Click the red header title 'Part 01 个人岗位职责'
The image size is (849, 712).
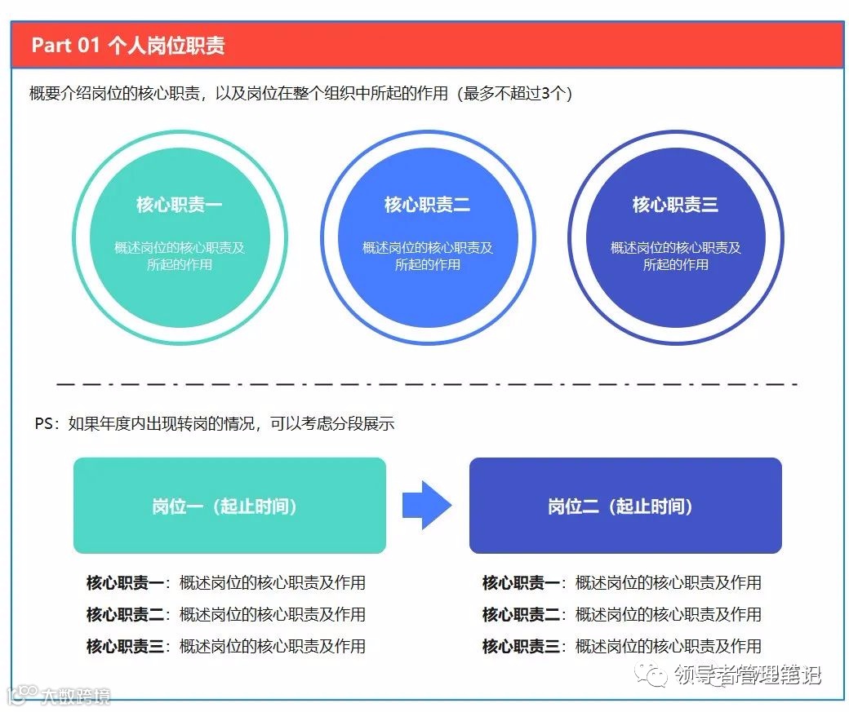click(128, 45)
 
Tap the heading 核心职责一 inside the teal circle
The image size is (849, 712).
click(179, 204)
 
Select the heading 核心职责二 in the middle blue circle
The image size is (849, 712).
click(427, 204)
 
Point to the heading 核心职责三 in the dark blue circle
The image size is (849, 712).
click(675, 204)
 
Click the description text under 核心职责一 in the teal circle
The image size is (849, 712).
click(179, 256)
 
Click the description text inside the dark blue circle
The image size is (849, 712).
click(675, 256)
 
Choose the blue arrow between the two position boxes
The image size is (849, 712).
click(426, 505)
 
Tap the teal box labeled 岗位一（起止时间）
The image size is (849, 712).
click(229, 506)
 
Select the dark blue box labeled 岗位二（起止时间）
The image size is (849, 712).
click(625, 506)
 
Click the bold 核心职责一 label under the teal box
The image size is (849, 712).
click(125, 582)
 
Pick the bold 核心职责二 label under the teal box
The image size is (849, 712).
click(125, 614)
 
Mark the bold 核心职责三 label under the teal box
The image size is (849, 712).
click(125, 646)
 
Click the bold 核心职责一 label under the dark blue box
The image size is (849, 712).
click(521, 582)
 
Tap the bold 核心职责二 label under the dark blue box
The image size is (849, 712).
click(521, 614)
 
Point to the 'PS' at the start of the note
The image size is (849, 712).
click(44, 424)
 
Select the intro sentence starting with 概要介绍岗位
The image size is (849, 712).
click(300, 94)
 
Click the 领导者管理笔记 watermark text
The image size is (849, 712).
click(746, 675)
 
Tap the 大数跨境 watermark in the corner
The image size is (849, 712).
click(74, 697)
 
